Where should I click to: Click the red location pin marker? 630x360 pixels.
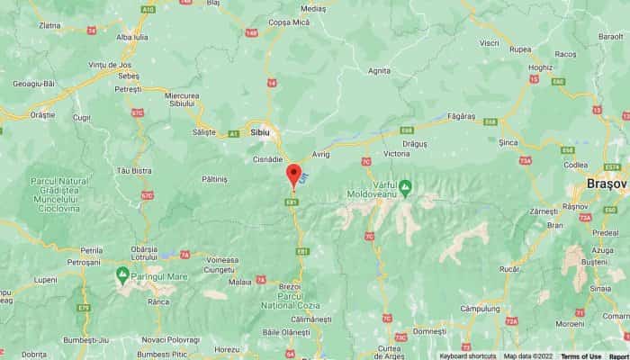[x=293, y=174]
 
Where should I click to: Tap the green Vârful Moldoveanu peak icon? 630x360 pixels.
[x=405, y=187]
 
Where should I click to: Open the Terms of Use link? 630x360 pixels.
[x=581, y=355]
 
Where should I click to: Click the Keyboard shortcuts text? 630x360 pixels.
[x=467, y=355]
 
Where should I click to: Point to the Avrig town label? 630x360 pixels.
[x=322, y=154]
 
